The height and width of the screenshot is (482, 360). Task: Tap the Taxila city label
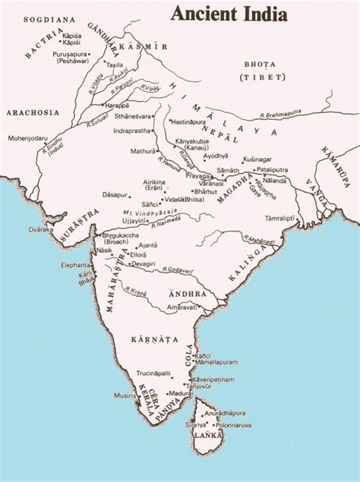coord(115,65)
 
